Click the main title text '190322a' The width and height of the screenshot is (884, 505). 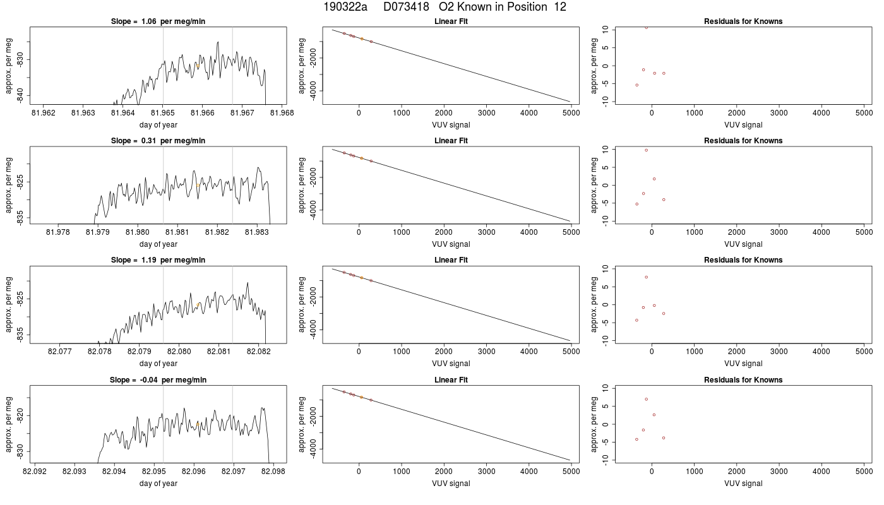tap(345, 7)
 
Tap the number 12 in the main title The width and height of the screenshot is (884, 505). tap(560, 7)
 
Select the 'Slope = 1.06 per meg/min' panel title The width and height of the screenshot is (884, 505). tap(158, 21)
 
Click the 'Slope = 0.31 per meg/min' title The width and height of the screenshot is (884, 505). tap(158, 140)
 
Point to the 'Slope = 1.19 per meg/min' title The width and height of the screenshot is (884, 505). tap(158, 260)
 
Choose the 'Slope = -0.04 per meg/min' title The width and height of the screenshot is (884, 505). tap(158, 379)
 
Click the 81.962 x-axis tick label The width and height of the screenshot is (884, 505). tap(44, 113)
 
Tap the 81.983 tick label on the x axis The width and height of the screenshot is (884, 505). tap(257, 232)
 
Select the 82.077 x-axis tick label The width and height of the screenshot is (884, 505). tap(59, 352)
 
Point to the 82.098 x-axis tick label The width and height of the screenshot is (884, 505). tap(273, 471)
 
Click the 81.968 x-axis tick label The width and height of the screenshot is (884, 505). tap(282, 113)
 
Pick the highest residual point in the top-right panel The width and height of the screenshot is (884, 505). tap(646, 28)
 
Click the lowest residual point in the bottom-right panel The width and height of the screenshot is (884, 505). tap(636, 439)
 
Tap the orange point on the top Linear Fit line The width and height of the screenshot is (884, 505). tap(362, 39)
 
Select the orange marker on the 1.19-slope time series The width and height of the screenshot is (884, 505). tap(198, 304)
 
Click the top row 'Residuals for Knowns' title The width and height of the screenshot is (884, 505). tap(743, 21)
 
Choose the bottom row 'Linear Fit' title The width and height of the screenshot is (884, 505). tap(451, 379)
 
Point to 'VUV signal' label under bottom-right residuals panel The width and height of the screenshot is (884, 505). tap(743, 484)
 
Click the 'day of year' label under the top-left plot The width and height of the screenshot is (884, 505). tap(158, 125)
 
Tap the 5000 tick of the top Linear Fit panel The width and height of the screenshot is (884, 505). tap(571, 113)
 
